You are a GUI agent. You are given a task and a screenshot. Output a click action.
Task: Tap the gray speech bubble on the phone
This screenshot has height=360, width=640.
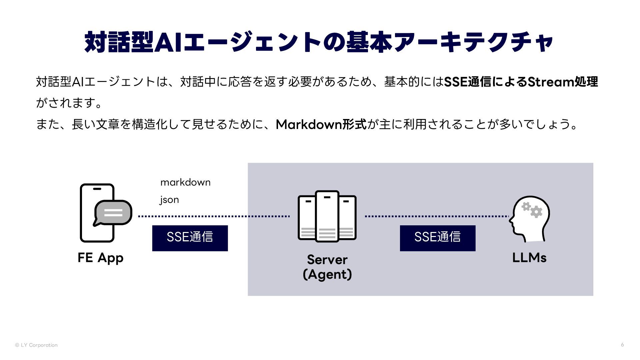pos(113,213)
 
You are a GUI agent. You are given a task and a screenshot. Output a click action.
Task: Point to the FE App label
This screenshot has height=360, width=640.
pos(100,258)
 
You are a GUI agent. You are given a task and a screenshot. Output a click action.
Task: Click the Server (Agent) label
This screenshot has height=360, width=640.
pos(327,267)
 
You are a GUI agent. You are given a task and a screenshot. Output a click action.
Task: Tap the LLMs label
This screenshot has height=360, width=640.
pos(529,258)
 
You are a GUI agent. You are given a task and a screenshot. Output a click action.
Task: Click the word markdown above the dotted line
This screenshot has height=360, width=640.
pos(185,182)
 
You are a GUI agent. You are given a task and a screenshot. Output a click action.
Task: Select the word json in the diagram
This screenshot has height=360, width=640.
pos(169,200)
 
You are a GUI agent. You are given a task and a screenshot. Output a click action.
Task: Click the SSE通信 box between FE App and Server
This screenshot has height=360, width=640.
pos(190,238)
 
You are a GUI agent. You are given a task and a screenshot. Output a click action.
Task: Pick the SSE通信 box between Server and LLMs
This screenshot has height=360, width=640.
pos(437,238)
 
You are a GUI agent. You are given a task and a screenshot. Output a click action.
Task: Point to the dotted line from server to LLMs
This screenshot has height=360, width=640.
pos(437,216)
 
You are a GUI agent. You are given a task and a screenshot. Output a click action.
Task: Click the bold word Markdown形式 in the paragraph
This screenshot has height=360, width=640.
pos(321,124)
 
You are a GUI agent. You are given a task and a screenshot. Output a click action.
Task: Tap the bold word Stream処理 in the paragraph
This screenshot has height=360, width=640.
pos(563,82)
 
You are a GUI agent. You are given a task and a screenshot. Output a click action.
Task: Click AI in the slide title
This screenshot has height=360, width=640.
pos(168,42)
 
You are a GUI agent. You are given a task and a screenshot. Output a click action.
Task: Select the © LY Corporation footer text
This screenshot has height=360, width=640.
pos(36,345)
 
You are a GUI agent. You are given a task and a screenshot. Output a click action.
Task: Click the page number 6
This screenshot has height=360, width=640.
pos(622,345)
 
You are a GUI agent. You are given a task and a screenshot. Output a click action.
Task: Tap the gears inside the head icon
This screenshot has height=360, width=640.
pos(532,209)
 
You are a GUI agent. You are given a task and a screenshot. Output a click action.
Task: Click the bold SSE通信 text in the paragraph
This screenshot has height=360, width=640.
pos(467,82)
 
